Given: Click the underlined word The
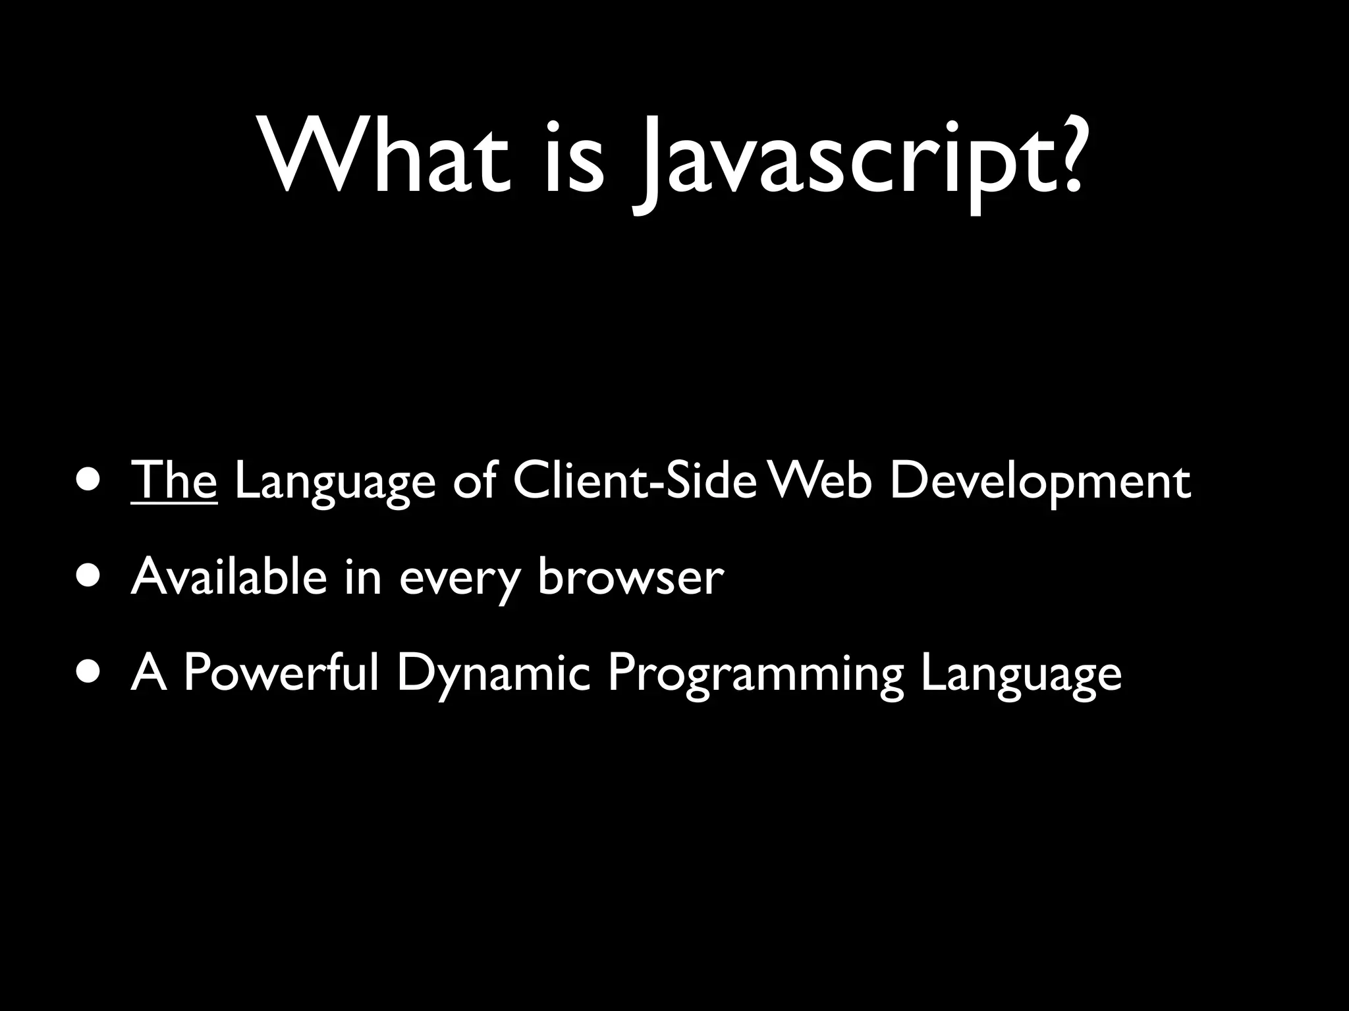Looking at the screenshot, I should click(174, 480).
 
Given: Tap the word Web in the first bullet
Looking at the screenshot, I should click(821, 480).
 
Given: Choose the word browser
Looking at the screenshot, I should click(630, 577).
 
